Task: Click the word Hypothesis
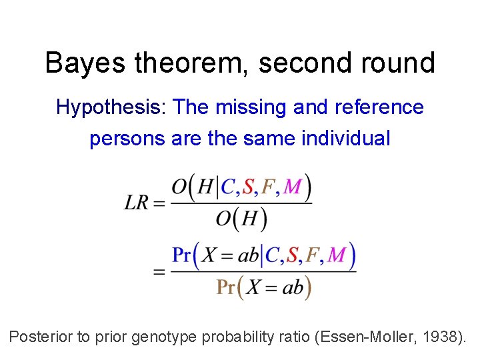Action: [111, 107]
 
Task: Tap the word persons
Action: [127, 139]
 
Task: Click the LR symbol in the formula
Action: [138, 203]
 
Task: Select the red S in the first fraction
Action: [248, 188]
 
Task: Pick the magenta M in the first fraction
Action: [292, 188]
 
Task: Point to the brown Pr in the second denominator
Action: [226, 287]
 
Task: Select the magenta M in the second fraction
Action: [337, 255]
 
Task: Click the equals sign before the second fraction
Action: [159, 271]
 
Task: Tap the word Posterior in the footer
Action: [41, 337]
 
